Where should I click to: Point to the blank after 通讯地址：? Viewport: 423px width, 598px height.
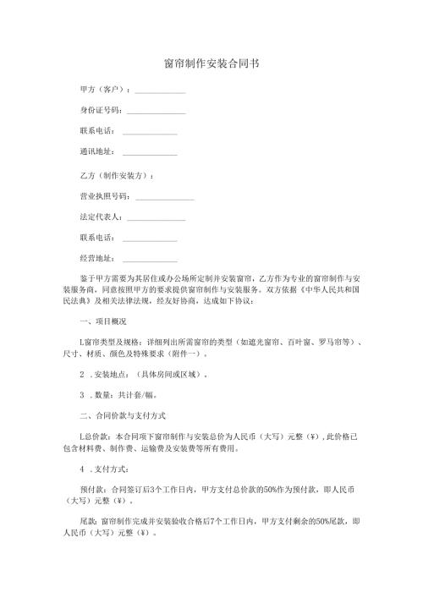point(150,154)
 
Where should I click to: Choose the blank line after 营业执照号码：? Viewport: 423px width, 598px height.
point(164,198)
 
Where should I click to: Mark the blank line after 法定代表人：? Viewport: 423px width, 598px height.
point(156,218)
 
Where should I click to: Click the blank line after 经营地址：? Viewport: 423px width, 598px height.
point(150,260)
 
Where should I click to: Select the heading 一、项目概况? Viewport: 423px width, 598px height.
point(102,321)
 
